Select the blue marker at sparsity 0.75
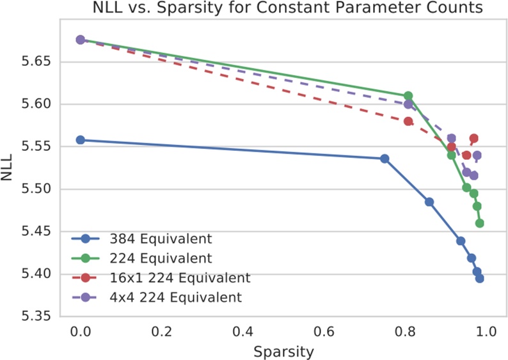coord(385,159)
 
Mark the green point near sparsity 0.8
coord(408,96)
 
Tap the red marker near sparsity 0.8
coord(408,121)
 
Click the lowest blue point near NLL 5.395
coord(479,278)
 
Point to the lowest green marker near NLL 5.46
coord(479,223)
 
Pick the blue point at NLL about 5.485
coord(429,202)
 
